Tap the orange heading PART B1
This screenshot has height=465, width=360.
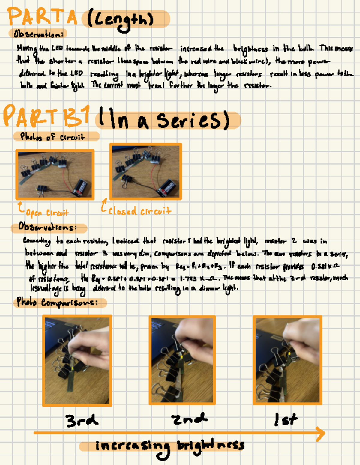tap(46, 116)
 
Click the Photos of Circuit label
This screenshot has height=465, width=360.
tap(52, 137)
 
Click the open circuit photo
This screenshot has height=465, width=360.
tap(55, 174)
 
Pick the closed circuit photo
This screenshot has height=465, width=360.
tap(146, 171)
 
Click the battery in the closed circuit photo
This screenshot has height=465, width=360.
tap(166, 188)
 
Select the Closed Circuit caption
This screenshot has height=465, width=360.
tap(139, 211)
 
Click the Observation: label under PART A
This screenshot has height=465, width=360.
tap(38, 34)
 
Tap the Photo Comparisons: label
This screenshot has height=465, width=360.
tap(57, 302)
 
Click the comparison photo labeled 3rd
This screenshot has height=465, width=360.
tap(77, 361)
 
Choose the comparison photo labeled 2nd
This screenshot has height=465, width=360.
tap(182, 360)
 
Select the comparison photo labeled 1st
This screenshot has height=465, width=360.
tap(287, 360)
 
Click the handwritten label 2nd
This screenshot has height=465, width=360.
tap(189, 419)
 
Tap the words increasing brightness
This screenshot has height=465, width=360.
tap(169, 446)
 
